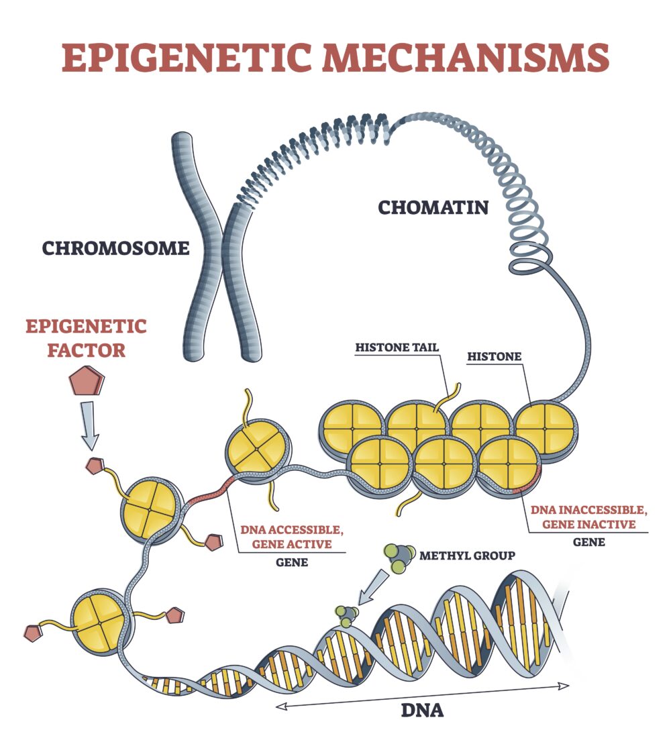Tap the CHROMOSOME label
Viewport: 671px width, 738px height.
[x=115, y=248]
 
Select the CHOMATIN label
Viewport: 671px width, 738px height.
[x=433, y=207]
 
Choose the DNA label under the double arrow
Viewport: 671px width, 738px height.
[x=422, y=708]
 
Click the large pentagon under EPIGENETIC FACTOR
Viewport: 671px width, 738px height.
[x=87, y=380]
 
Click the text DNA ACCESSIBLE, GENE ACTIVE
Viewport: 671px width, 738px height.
[x=292, y=537]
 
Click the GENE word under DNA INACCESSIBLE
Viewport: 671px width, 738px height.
[x=588, y=541]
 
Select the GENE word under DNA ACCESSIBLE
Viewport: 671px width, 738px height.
[x=292, y=562]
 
